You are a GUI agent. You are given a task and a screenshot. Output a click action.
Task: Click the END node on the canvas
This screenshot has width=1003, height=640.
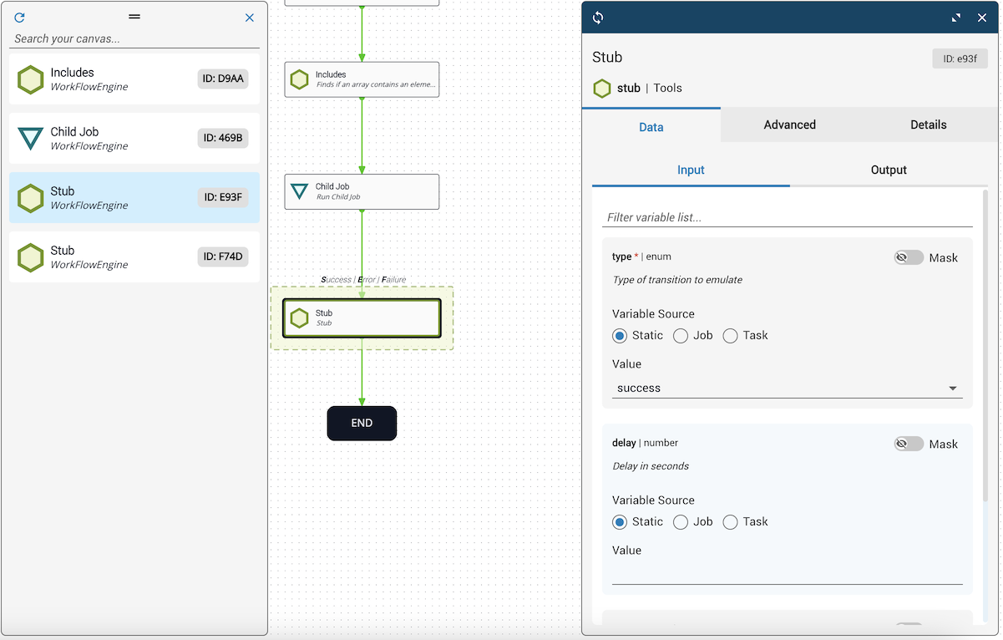point(362,424)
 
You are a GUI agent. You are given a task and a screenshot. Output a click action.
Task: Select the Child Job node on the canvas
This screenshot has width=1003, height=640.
point(362,191)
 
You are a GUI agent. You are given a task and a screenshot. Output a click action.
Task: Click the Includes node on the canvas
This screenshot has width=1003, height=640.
point(362,79)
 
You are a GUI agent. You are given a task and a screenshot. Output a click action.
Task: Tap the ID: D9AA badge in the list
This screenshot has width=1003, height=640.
point(222,79)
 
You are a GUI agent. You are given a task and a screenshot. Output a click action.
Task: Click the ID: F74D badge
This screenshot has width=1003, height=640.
point(222,257)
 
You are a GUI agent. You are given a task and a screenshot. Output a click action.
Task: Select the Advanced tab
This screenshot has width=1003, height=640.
point(789,125)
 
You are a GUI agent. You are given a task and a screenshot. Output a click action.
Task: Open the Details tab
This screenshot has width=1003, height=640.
point(928,125)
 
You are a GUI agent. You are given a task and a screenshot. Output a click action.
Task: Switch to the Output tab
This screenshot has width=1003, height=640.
point(889,170)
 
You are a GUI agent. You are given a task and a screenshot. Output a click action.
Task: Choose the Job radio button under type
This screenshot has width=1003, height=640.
point(680,336)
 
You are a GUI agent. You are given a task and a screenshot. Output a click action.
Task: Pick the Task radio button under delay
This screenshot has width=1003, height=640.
point(730,522)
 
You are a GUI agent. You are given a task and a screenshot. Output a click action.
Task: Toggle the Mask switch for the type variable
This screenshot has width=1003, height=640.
point(908,257)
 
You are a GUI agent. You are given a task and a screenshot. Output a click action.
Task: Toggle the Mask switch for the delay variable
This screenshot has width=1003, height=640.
point(908,444)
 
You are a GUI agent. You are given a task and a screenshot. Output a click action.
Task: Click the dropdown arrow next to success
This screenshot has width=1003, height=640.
point(952,389)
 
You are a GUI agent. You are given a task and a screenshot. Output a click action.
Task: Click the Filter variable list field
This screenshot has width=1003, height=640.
point(787,218)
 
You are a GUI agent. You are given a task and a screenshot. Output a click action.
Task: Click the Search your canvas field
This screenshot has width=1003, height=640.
point(134,38)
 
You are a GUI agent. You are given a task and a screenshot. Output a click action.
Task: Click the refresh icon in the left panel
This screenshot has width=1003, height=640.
point(19,18)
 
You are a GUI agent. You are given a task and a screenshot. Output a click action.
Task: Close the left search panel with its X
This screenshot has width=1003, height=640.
point(250,18)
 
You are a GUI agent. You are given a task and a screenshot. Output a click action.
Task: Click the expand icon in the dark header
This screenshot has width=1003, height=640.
point(955,18)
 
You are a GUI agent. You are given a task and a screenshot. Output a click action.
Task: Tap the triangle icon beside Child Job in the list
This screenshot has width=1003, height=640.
point(30,138)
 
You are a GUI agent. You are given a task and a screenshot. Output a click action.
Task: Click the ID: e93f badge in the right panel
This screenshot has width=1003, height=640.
point(960,58)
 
